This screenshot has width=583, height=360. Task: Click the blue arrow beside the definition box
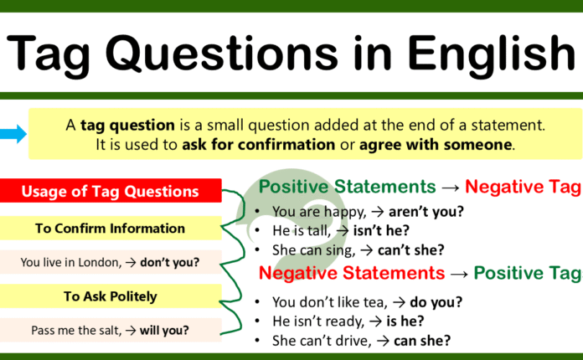pos(13,133)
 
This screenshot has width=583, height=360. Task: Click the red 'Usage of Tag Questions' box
pos(111,192)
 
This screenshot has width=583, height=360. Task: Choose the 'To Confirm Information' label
pos(110,228)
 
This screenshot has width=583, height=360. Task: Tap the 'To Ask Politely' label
pos(110,296)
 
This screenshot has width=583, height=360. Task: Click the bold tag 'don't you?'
pos(169,262)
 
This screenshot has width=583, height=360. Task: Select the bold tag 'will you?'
pos(163,330)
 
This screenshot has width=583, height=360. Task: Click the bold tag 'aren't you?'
pos(406,212)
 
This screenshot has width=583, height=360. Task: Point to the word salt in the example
pos(101,330)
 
